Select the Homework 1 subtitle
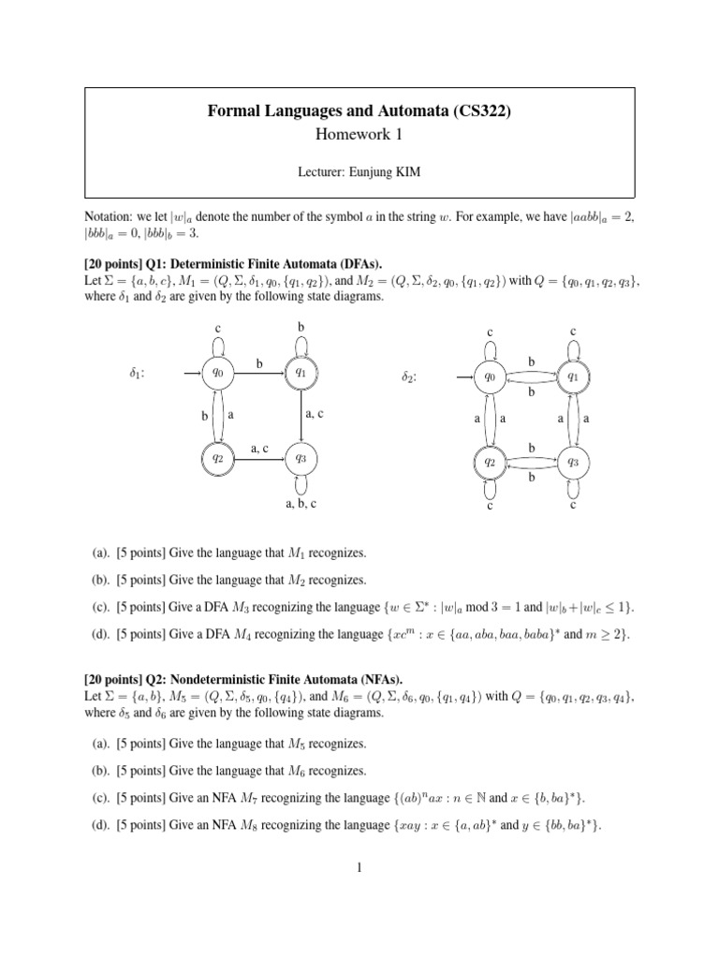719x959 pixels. (x=359, y=135)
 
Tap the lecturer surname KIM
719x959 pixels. (x=421, y=170)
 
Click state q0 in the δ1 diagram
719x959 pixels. (x=217, y=373)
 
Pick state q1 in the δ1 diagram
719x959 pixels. (x=301, y=373)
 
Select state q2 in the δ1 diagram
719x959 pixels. (x=217, y=458)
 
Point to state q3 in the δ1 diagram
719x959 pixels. (x=301, y=458)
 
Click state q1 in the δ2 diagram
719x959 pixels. (x=572, y=376)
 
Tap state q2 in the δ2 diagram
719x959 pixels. (x=489, y=462)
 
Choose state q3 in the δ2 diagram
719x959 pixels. (x=572, y=462)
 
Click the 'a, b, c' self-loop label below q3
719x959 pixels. (x=301, y=504)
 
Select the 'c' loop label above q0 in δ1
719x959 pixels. (x=217, y=329)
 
